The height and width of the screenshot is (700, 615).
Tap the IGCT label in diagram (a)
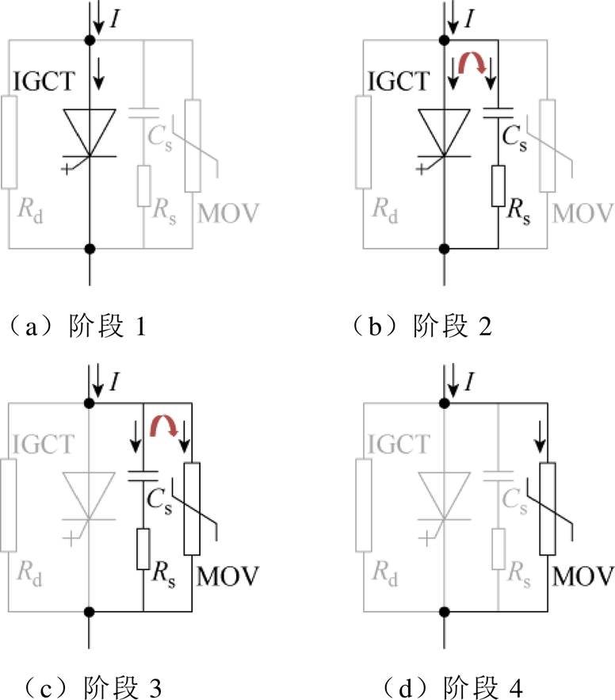click(x=44, y=81)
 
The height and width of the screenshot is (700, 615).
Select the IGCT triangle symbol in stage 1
click(x=90, y=132)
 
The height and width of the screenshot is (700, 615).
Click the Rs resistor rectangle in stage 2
click(x=498, y=186)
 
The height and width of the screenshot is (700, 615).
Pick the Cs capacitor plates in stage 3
click(x=143, y=476)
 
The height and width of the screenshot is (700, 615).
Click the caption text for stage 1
click(x=77, y=327)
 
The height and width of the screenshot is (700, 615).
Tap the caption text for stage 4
click(x=453, y=687)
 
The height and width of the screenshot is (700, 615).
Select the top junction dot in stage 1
click(x=90, y=40)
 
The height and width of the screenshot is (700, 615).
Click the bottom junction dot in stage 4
click(x=444, y=611)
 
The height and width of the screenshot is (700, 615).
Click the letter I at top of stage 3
click(x=115, y=381)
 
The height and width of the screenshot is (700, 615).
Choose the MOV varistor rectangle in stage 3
click(x=192, y=508)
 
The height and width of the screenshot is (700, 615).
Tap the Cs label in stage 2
click(x=514, y=137)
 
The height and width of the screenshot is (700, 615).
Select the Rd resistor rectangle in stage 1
click(x=9, y=142)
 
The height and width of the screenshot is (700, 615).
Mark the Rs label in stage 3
click(x=163, y=574)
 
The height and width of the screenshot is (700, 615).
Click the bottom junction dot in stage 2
click(x=444, y=249)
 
